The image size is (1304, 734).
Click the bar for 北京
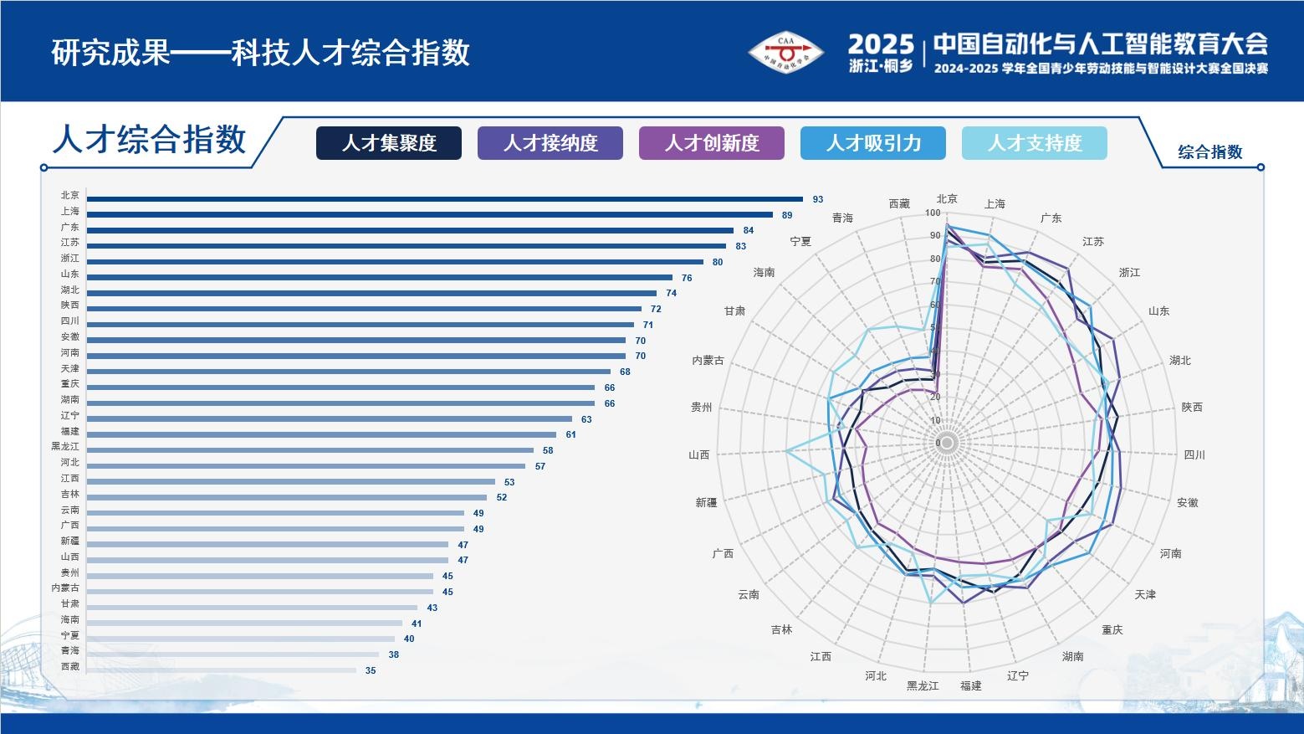tap(444, 199)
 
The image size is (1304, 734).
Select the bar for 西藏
tap(222, 670)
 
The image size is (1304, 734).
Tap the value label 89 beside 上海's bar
tap(787, 215)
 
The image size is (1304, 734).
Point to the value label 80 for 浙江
tap(718, 262)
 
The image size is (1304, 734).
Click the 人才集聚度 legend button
tap(389, 143)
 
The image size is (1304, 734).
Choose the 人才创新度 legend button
tap(712, 143)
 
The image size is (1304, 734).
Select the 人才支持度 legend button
tap(1035, 143)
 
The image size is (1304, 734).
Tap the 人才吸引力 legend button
tap(873, 143)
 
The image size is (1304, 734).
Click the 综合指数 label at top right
tap(1210, 152)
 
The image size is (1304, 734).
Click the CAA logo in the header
tap(785, 53)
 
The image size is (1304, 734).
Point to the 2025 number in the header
tap(881, 44)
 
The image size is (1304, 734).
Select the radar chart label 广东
tap(1051, 218)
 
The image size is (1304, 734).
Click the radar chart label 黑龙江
tap(923, 685)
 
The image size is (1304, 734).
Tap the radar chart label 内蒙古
tap(708, 361)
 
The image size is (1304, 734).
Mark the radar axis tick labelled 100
tap(933, 213)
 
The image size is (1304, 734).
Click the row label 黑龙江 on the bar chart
tap(65, 447)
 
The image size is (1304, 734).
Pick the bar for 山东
tap(379, 277)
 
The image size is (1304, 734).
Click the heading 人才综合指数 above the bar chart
tap(150, 140)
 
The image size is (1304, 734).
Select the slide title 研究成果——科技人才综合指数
tap(261, 53)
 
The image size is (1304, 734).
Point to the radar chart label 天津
tap(1145, 594)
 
